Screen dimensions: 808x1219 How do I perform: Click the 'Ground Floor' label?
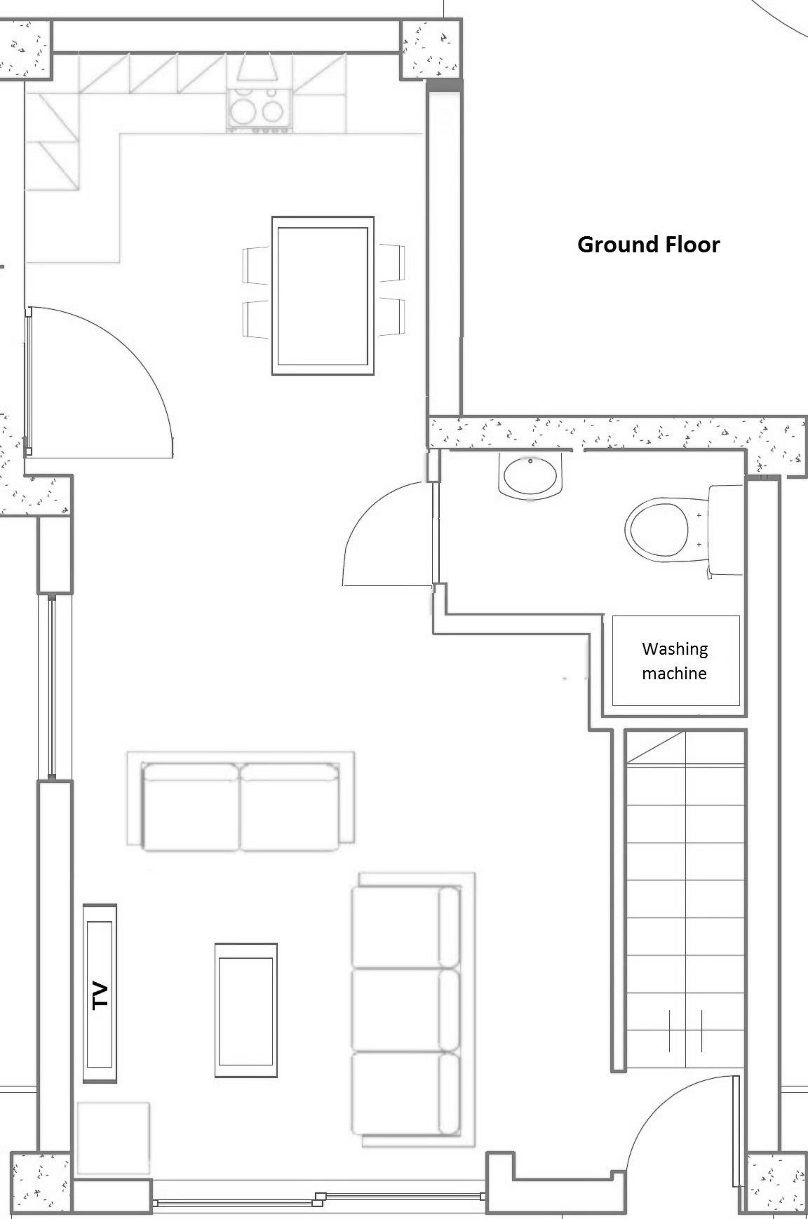click(x=648, y=245)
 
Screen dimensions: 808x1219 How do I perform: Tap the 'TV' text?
click(x=101, y=995)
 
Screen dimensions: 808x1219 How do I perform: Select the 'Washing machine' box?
click(x=675, y=661)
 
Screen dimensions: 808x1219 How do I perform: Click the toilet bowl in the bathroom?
click(x=656, y=529)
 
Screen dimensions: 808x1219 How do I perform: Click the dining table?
click(x=323, y=295)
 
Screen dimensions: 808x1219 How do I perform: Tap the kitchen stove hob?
click(x=259, y=109)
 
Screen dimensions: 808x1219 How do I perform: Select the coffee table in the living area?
click(x=245, y=1010)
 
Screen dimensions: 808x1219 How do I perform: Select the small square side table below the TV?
click(x=113, y=1138)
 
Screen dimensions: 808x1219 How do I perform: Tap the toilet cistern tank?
click(x=725, y=531)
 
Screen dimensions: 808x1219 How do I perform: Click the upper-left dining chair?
click(x=257, y=264)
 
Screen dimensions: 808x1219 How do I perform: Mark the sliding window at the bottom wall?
click(x=320, y=1199)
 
